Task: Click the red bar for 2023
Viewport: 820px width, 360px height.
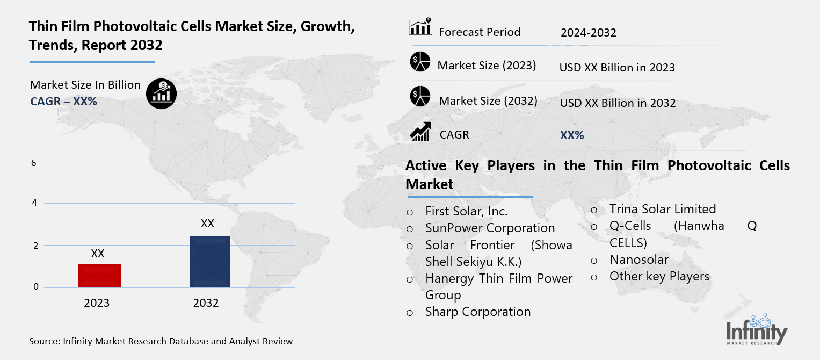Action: click(99, 276)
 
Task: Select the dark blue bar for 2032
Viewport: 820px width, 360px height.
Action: click(209, 262)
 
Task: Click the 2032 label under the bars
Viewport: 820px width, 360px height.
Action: click(206, 303)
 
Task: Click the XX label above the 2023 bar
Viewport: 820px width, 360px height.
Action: click(98, 254)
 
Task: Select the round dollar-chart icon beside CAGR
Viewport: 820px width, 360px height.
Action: click(161, 94)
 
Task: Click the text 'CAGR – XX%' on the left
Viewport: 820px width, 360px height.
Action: click(63, 101)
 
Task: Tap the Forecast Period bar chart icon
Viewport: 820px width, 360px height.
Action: click(420, 27)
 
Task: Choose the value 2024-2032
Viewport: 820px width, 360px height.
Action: click(588, 33)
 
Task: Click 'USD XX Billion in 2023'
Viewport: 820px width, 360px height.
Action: click(616, 68)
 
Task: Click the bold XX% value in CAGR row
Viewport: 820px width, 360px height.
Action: click(571, 135)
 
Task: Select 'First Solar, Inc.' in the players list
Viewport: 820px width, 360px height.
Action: click(466, 211)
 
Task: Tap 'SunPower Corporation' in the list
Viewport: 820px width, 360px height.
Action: click(490, 228)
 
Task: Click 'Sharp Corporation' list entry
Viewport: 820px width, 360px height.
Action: click(477, 312)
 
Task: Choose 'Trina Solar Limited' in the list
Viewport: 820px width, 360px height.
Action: click(662, 209)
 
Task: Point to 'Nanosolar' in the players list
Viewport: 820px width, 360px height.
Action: click(638, 260)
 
